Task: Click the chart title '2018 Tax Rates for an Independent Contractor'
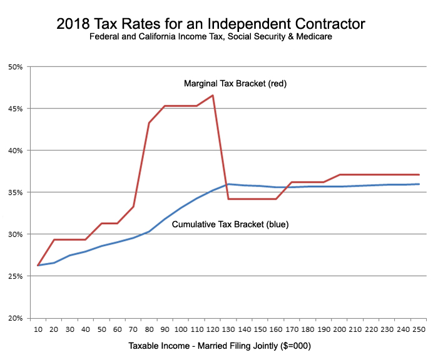click(x=210, y=24)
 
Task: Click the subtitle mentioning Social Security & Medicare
click(x=210, y=36)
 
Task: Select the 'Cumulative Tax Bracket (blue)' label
click(x=230, y=224)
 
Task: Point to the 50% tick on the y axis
click(x=14, y=67)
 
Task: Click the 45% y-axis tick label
click(x=14, y=109)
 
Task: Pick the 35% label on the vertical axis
click(x=14, y=193)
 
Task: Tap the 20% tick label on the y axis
click(x=14, y=318)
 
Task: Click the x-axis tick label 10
click(x=38, y=329)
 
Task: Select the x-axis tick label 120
click(x=213, y=329)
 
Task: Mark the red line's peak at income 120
click(x=213, y=95)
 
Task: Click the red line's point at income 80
click(x=149, y=123)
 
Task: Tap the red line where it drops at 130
click(x=228, y=199)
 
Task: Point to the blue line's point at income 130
click(x=228, y=184)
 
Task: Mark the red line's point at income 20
click(x=54, y=240)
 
